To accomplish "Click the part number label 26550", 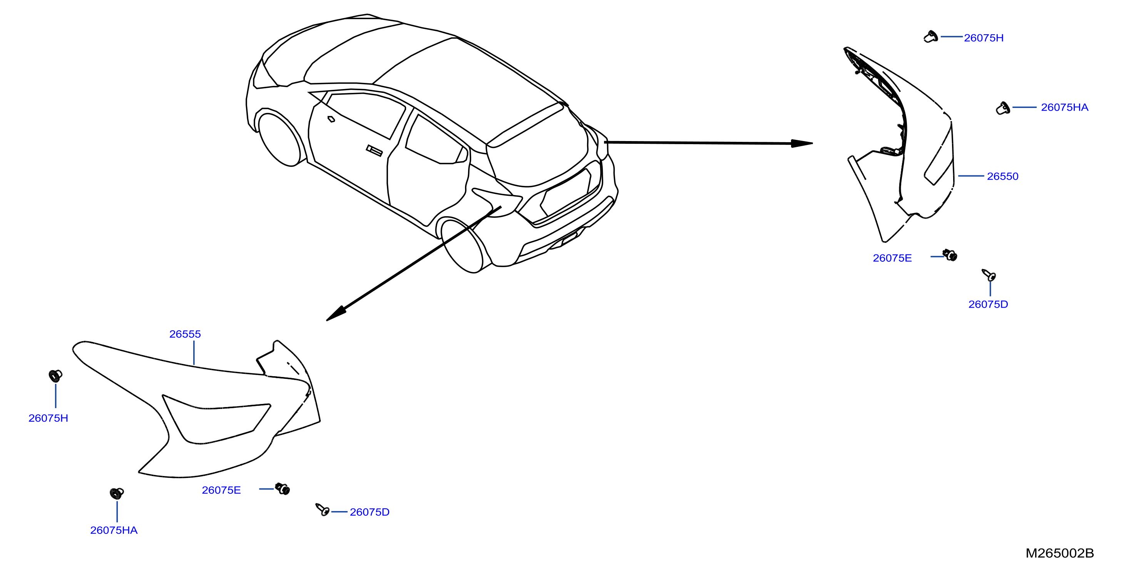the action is click(1002, 177).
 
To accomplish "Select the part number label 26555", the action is click(185, 334).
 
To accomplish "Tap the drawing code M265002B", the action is click(1059, 553).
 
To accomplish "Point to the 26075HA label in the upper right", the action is click(1064, 107).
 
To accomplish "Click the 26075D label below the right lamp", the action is click(988, 305).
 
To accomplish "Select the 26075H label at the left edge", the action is click(48, 418).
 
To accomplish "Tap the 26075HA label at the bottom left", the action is click(114, 530).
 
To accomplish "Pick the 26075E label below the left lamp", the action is click(221, 490).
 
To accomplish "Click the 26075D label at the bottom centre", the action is click(370, 512).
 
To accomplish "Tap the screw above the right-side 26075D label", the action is click(989, 275).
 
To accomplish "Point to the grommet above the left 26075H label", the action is click(55, 375).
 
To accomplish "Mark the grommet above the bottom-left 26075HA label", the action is click(117, 493).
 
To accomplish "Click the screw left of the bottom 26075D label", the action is click(322, 510).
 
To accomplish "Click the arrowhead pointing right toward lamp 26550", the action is click(802, 143).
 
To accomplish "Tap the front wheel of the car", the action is click(281, 139).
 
